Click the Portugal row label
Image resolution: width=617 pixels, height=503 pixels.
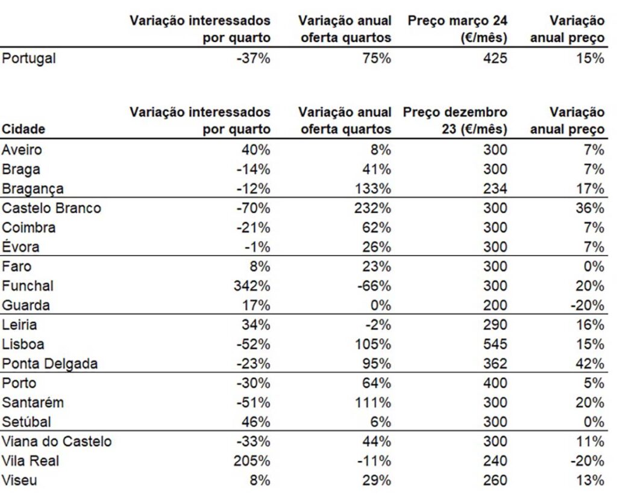(x=29, y=58)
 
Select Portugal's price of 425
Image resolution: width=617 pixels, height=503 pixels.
(x=495, y=58)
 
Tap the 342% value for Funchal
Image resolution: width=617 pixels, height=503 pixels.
(x=252, y=286)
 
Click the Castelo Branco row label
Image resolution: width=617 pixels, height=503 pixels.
(x=51, y=208)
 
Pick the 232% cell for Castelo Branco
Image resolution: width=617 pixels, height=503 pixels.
(x=372, y=208)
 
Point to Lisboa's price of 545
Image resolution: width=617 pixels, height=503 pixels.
(x=495, y=344)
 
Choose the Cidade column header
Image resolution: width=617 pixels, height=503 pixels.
(x=23, y=129)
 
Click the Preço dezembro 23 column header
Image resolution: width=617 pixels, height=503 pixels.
(x=455, y=120)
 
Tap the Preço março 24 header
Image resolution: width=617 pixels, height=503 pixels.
(x=457, y=29)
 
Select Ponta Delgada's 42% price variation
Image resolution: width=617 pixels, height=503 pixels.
(x=590, y=363)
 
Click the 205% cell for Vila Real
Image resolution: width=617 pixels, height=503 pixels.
(x=252, y=460)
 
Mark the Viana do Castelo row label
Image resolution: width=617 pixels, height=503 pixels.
(x=57, y=441)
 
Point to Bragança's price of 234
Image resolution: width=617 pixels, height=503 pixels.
(x=495, y=189)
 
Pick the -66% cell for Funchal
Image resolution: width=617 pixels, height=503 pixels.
(x=374, y=286)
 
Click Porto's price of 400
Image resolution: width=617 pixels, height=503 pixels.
(x=495, y=383)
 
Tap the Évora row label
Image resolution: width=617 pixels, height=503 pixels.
(x=20, y=247)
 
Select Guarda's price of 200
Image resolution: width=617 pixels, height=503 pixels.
(x=495, y=305)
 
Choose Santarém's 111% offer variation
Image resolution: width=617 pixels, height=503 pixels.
(x=374, y=403)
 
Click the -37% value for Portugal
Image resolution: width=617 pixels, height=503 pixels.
(x=254, y=58)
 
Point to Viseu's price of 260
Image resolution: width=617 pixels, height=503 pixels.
(x=495, y=480)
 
